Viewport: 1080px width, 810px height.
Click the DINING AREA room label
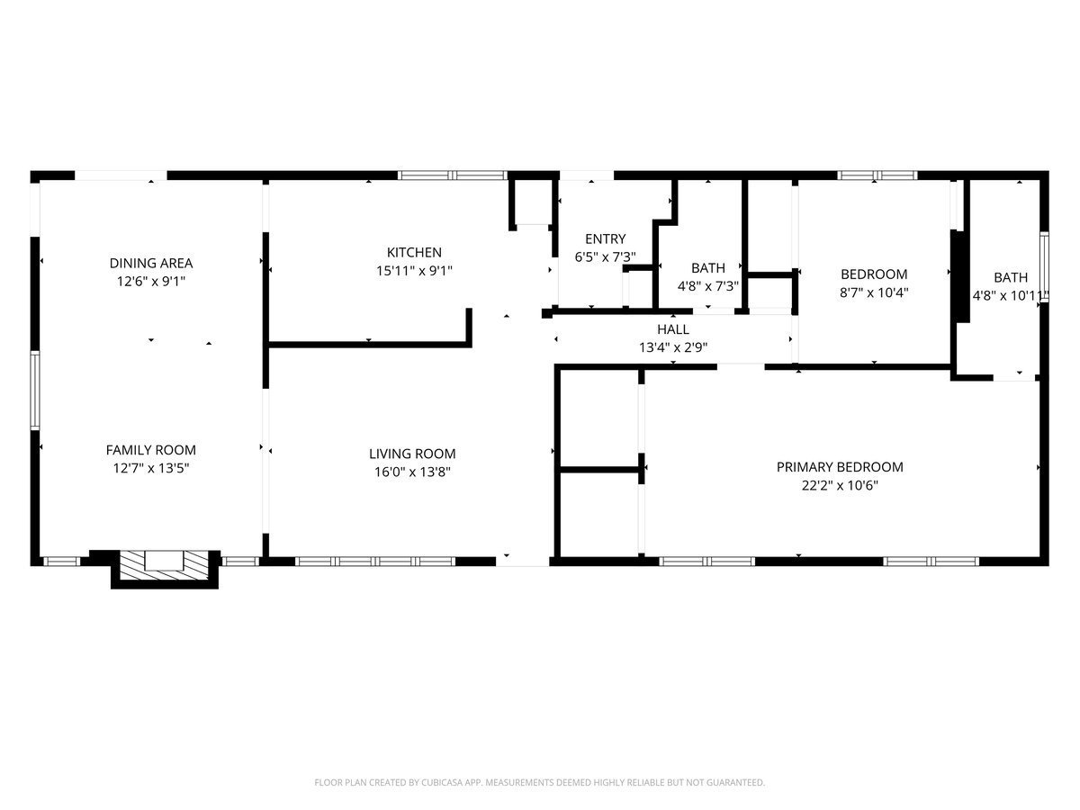(151, 263)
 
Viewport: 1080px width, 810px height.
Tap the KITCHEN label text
(414, 252)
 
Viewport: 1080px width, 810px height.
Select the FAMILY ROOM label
(150, 450)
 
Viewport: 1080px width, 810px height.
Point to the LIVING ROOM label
(412, 454)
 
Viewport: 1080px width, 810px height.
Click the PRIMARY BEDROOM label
(840, 467)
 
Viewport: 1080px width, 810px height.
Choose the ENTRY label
(605, 238)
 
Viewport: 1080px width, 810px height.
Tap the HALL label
(673, 329)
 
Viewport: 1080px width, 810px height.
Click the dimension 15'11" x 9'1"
(414, 270)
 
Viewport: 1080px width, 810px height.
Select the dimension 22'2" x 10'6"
(840, 485)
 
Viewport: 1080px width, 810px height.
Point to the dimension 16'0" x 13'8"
(412, 472)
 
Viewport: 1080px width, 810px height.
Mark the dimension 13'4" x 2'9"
(673, 346)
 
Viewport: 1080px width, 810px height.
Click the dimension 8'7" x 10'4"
(874, 292)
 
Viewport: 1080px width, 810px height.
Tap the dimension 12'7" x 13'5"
(150, 468)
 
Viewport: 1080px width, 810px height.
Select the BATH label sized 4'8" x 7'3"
(708, 268)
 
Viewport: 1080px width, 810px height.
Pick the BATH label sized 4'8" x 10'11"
(1011, 277)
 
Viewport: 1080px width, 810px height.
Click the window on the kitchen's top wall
(453, 175)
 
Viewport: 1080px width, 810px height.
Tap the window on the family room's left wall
(35, 390)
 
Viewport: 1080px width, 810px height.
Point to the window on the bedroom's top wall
(877, 175)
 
